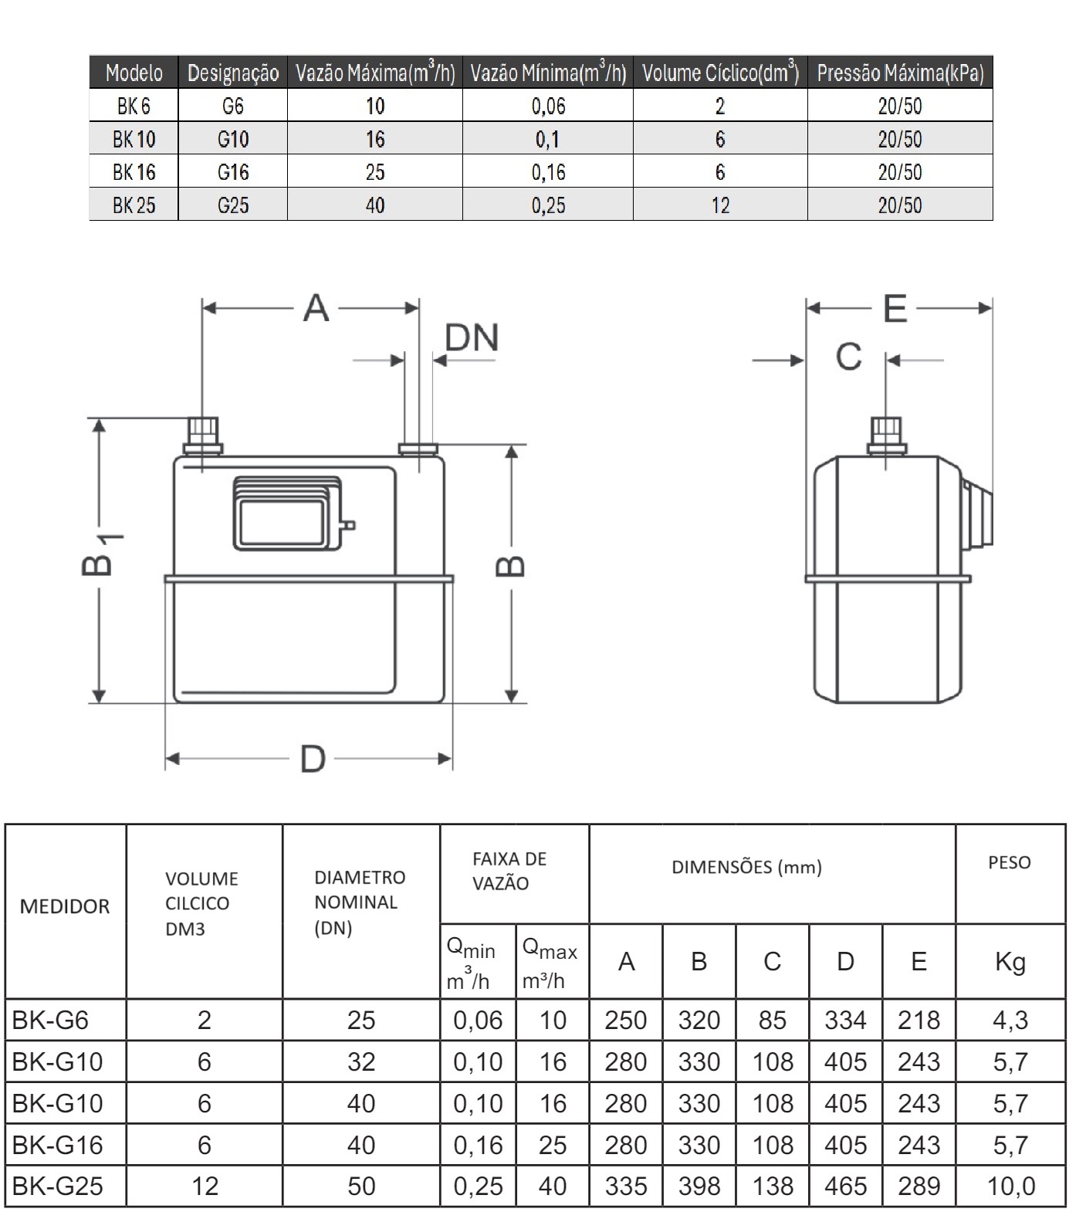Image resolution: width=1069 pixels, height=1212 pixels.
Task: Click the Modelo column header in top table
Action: point(134,73)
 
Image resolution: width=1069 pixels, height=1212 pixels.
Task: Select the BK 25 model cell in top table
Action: point(134,205)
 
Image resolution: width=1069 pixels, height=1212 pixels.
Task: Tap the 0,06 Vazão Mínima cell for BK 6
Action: point(548,106)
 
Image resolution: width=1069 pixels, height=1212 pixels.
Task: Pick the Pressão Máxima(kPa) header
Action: point(900,73)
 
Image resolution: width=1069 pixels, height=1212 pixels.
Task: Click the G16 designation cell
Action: point(232,172)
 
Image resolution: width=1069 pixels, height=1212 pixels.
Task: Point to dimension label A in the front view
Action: point(316,308)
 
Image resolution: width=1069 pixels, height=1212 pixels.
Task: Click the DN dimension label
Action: point(472,338)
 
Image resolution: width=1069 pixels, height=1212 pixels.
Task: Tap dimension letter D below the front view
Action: point(313,760)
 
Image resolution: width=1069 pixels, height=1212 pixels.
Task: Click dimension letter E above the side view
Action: point(895,309)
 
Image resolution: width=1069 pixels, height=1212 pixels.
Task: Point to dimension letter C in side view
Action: point(848,357)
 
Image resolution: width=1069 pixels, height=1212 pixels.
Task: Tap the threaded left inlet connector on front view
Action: point(203,434)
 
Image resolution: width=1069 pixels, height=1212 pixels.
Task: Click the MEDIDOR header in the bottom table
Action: point(65,906)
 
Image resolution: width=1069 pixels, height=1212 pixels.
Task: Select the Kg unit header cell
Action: point(1010,962)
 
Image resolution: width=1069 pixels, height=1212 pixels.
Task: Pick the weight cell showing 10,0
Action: point(1010,1186)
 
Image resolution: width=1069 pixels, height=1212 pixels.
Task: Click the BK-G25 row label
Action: point(58,1186)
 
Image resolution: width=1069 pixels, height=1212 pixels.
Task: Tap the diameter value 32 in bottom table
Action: point(360,1061)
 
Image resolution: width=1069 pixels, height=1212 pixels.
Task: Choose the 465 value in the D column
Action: point(845,1186)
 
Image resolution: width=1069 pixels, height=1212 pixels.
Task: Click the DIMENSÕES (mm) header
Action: point(746,867)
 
